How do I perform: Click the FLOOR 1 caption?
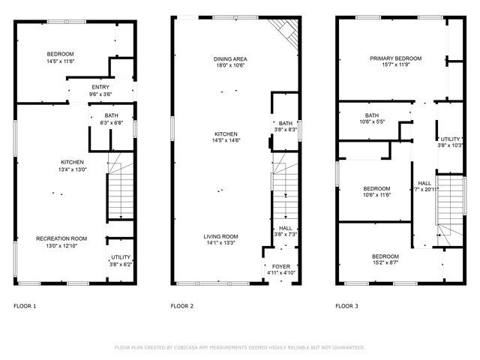(25, 306)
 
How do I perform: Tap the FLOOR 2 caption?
(181, 306)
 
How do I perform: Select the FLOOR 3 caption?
(346, 306)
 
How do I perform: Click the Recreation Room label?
(61, 238)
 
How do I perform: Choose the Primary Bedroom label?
(395, 58)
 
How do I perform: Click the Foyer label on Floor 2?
(280, 265)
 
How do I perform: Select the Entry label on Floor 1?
(100, 88)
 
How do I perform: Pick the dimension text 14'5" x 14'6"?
(220, 140)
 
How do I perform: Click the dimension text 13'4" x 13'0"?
(72, 169)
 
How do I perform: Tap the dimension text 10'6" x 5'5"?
(371, 121)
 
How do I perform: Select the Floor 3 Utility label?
(451, 139)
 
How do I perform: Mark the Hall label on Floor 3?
(424, 183)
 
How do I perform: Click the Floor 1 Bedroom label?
(60, 54)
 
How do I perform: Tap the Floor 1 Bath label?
(111, 115)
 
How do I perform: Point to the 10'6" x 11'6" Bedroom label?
(376, 188)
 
